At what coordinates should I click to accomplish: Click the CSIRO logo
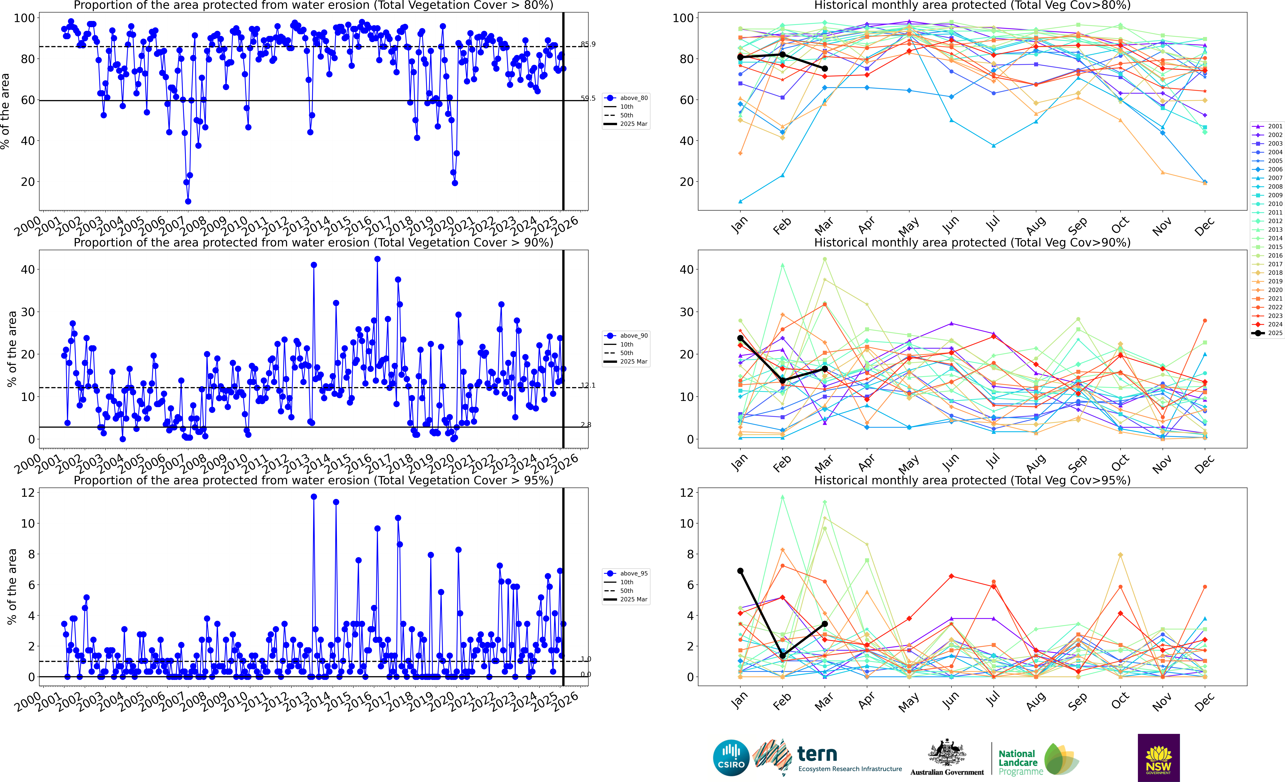point(731,757)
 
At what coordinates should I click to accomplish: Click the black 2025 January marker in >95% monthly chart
point(740,571)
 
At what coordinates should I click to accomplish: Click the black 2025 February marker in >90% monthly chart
point(782,381)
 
